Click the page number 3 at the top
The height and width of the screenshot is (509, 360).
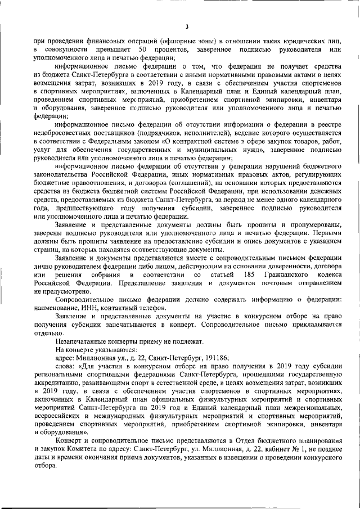pos(187,26)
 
